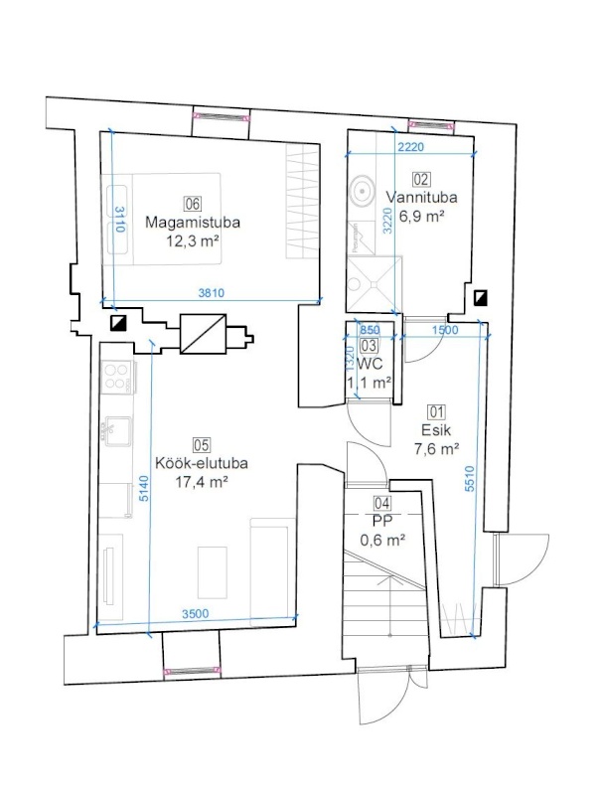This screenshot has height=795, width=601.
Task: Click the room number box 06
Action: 193,204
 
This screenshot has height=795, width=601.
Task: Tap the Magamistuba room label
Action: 193,222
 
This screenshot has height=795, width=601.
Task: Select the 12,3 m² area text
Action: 193,240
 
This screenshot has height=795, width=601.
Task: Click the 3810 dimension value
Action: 212,292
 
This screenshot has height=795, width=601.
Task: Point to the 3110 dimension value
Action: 119,219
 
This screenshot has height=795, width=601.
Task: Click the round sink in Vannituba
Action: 362,190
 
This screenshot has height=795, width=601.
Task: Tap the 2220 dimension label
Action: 410,147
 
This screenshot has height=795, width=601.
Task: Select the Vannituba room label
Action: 421,197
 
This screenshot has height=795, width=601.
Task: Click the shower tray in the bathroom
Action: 374,284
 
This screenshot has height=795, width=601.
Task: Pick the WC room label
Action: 370,364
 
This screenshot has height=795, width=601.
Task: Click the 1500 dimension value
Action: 445,330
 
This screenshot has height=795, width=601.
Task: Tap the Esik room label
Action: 436,430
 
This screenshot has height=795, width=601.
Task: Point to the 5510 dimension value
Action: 470,479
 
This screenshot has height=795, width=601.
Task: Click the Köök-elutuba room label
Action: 202,463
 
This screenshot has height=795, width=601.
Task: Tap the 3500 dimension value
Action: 195,614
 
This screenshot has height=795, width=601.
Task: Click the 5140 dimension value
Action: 144,488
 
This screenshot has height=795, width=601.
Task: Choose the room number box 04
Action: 382,503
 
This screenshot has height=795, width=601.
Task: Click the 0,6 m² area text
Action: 382,541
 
